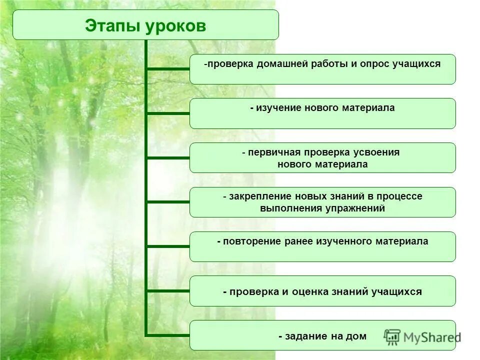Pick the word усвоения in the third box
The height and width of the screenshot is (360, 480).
[x=377, y=152]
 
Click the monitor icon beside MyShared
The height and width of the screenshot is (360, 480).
[x=392, y=337]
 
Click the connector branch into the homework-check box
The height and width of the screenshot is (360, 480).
[x=167, y=69]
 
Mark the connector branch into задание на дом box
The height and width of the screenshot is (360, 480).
[x=167, y=335]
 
